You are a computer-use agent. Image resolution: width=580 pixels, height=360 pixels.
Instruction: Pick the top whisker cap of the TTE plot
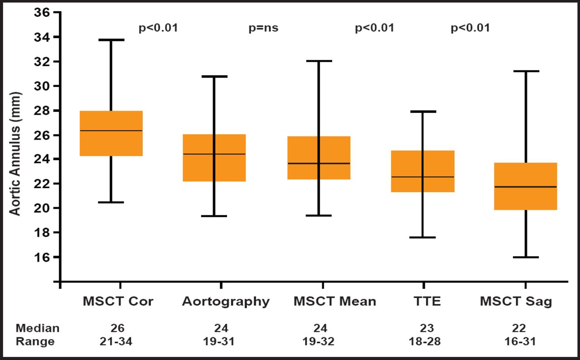pos(423,111)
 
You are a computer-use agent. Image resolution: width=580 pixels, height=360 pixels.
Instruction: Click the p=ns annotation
pos(263,28)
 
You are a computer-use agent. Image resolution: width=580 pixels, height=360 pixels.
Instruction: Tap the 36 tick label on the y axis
pos(43,12)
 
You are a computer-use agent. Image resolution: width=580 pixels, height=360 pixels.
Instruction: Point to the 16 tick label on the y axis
pos(43,257)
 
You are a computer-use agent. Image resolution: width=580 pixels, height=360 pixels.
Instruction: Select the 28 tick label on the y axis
pos(43,110)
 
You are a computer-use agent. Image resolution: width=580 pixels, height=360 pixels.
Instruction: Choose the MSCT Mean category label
pos(334,302)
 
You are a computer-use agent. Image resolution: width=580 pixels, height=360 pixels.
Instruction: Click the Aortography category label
pos(226,302)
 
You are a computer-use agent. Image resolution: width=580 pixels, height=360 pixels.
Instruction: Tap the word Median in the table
pos(38,328)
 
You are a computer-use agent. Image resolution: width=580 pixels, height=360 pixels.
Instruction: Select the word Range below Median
pos(35,341)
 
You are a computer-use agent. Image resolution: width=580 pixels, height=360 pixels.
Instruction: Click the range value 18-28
pos(427,341)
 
